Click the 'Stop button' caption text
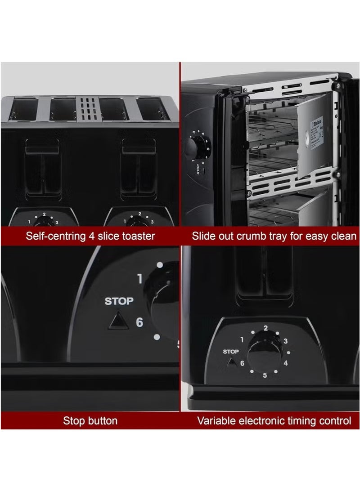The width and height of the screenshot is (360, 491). point(90,421)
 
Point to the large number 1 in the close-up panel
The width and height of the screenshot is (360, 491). point(139,279)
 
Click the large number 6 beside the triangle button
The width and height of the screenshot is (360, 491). point(139,322)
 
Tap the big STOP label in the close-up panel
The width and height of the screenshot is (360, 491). point(119,301)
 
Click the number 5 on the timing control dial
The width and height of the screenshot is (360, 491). point(265,375)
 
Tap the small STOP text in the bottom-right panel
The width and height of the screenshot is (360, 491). point(231,352)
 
